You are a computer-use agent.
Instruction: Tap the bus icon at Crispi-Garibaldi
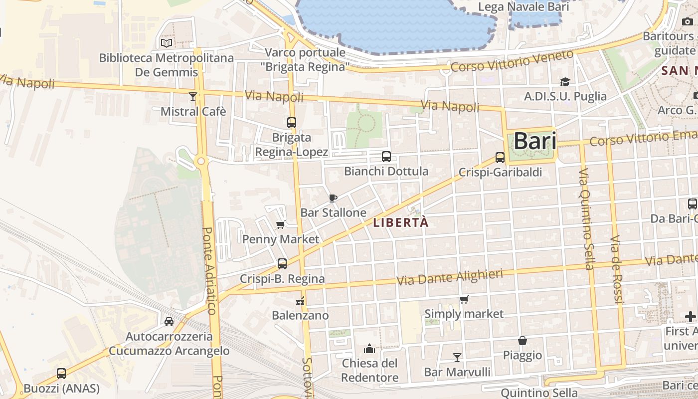[x=500, y=158]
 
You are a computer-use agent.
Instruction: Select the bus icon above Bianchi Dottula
[x=386, y=157]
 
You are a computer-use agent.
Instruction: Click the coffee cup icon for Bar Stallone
[x=333, y=198]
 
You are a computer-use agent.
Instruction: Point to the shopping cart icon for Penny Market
[x=281, y=225]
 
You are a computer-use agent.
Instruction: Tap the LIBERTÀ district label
[x=401, y=222]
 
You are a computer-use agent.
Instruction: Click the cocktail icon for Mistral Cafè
[x=193, y=96]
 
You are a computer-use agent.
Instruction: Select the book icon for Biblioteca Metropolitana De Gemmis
[x=166, y=43]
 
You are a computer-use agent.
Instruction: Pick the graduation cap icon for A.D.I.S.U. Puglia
[x=565, y=82]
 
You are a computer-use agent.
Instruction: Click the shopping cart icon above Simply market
[x=464, y=299]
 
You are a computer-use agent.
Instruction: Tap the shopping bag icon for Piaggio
[x=523, y=341]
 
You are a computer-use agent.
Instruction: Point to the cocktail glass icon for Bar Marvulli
[x=457, y=357]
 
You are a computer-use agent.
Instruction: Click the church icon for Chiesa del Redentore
[x=369, y=348]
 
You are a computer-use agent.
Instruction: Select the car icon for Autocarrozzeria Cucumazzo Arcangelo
[x=169, y=322]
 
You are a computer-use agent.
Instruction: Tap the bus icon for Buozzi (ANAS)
[x=61, y=373]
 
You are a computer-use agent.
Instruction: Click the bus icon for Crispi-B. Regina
[x=282, y=264]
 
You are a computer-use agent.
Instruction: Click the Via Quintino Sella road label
[x=586, y=219]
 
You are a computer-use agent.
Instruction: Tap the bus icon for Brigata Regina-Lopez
[x=292, y=122]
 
